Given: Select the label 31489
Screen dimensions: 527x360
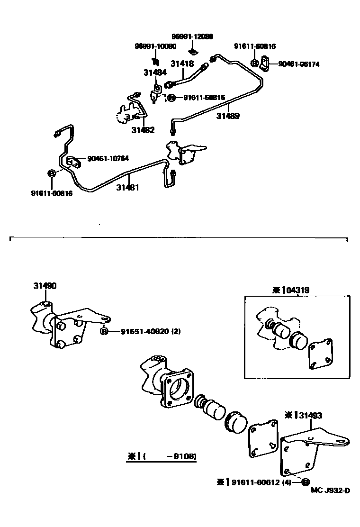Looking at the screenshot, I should point(228,115).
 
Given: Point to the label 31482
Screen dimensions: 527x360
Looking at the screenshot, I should point(143,130).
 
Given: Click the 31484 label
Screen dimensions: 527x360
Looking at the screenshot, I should point(155,73).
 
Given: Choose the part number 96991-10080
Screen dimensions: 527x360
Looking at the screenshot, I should point(155,46).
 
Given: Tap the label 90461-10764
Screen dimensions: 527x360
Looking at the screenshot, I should point(108,159).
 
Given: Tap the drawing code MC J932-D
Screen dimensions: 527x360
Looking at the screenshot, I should point(331,491).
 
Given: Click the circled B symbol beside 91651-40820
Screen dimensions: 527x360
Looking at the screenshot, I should point(104,332).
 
